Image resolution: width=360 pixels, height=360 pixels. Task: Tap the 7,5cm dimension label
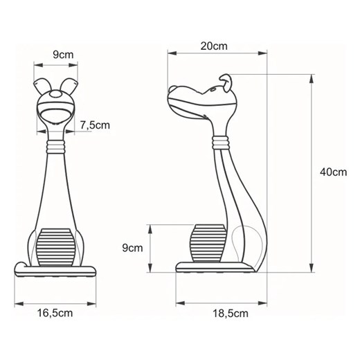[x=96, y=125]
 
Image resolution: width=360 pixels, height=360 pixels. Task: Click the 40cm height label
[x=333, y=172]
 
